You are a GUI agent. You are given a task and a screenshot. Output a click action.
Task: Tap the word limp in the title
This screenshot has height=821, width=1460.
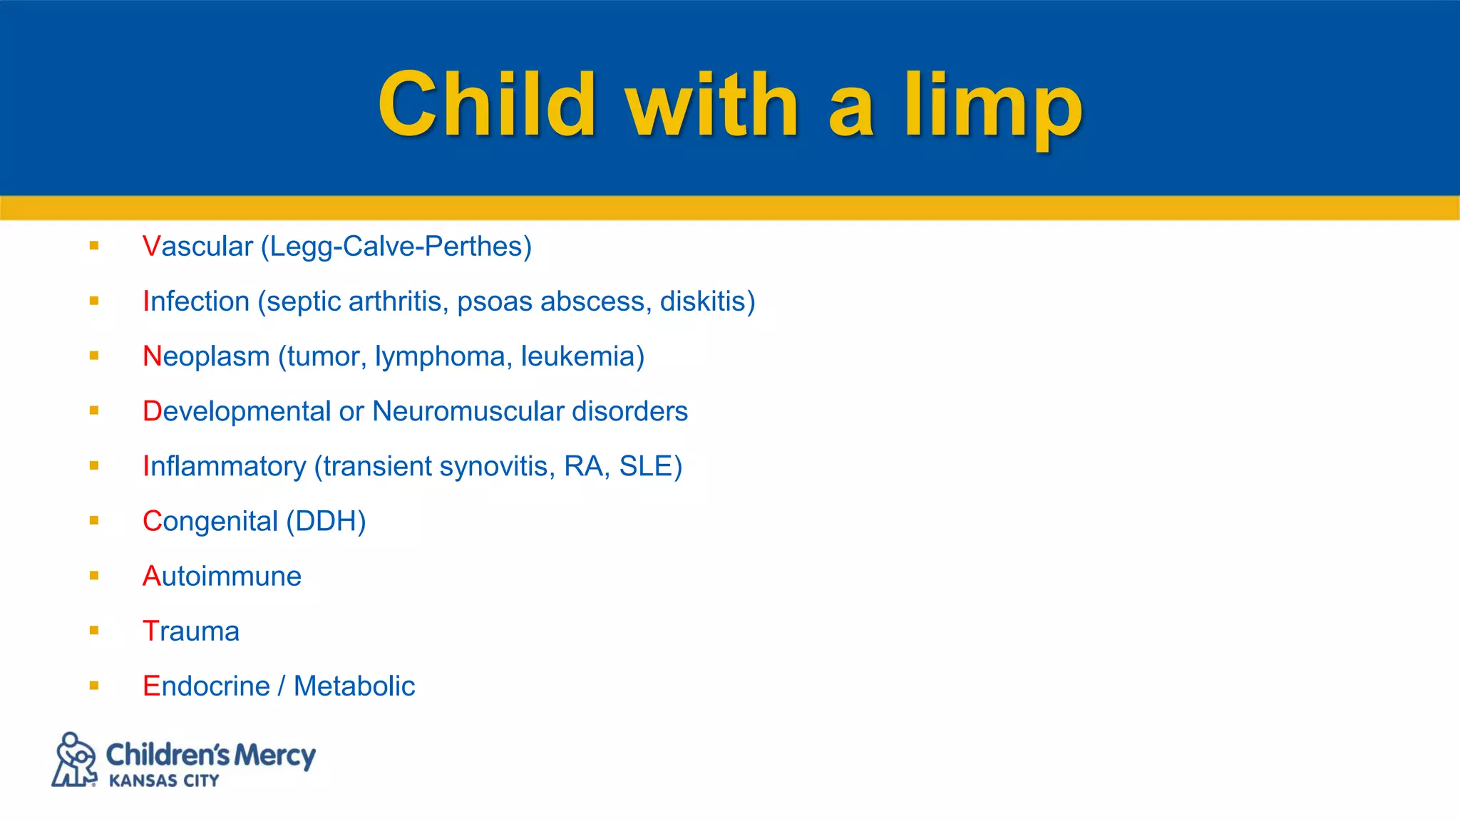[994, 107]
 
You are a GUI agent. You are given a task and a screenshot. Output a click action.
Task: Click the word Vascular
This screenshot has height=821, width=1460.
[197, 247]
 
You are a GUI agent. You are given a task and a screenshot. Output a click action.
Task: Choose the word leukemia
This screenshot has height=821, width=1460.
[578, 356]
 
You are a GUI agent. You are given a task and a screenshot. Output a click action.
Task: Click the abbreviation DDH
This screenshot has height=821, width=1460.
[326, 521]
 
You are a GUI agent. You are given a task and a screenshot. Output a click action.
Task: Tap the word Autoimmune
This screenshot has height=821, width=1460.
[222, 576]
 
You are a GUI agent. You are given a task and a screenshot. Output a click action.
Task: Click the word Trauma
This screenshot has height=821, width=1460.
[191, 631]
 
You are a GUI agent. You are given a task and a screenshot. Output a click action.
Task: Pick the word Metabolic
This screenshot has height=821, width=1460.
[354, 686]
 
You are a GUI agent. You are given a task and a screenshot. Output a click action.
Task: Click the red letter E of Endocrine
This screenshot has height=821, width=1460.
[151, 686]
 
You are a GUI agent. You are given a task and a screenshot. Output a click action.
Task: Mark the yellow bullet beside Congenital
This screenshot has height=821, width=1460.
[94, 520]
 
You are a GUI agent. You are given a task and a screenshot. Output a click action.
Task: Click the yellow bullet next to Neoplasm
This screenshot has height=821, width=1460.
[94, 356]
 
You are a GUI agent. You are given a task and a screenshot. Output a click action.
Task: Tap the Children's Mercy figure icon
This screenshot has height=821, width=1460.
[74, 760]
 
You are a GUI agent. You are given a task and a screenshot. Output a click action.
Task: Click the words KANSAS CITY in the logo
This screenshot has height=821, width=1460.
[164, 781]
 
